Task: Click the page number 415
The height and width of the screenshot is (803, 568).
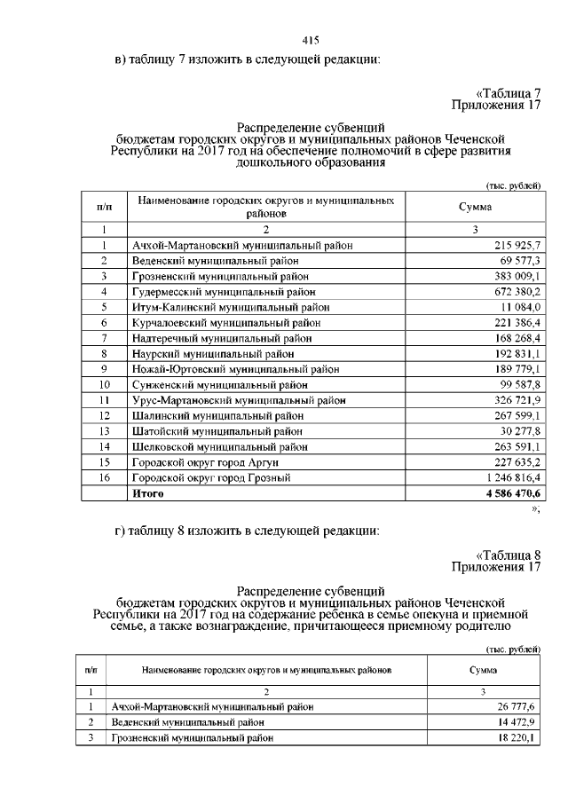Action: coord(310,41)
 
